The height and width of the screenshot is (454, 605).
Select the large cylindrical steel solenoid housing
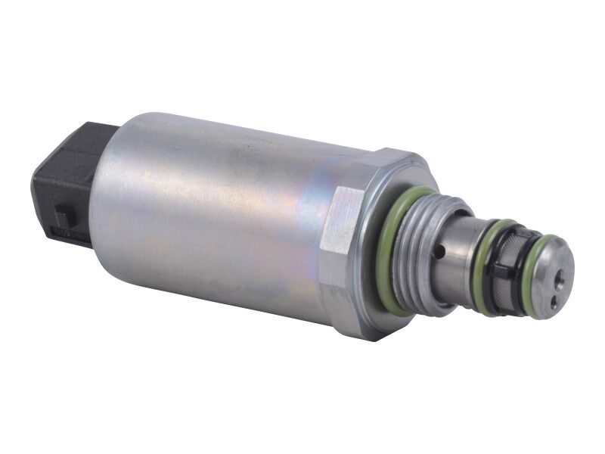[219, 219]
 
